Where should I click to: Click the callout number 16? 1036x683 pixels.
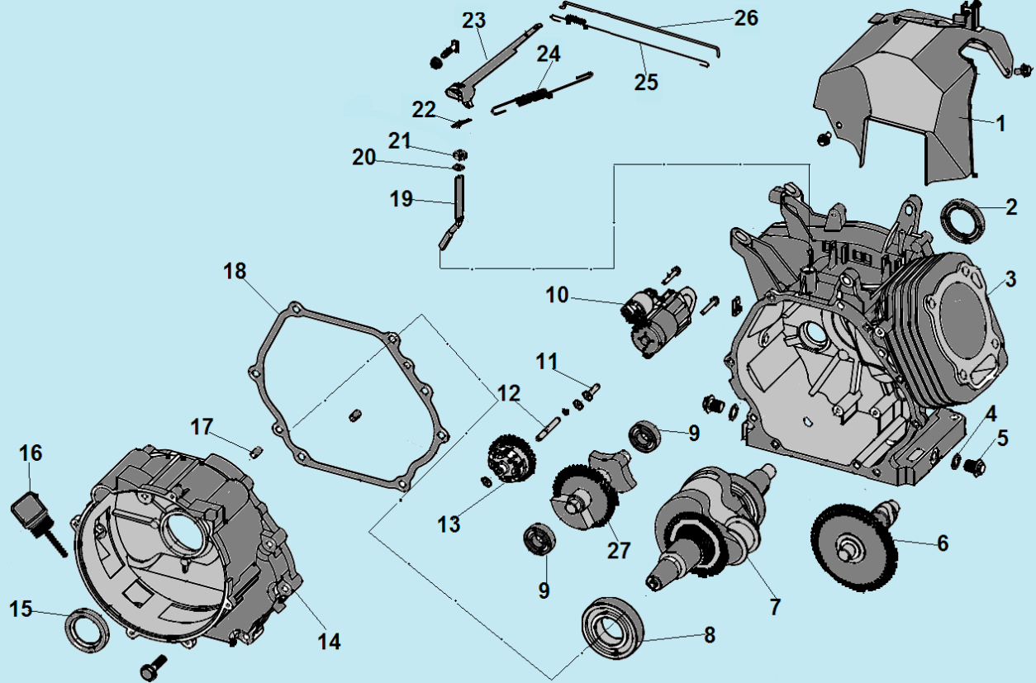[x=31, y=453]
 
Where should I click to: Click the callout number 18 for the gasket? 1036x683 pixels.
[x=235, y=272]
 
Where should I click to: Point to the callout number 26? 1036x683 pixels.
[x=746, y=18]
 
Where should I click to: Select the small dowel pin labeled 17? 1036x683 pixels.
[x=256, y=450]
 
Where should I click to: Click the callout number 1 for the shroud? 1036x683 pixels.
[x=1000, y=124]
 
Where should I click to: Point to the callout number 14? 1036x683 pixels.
[x=329, y=641]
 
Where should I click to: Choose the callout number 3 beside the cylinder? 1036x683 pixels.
[x=1011, y=278]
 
